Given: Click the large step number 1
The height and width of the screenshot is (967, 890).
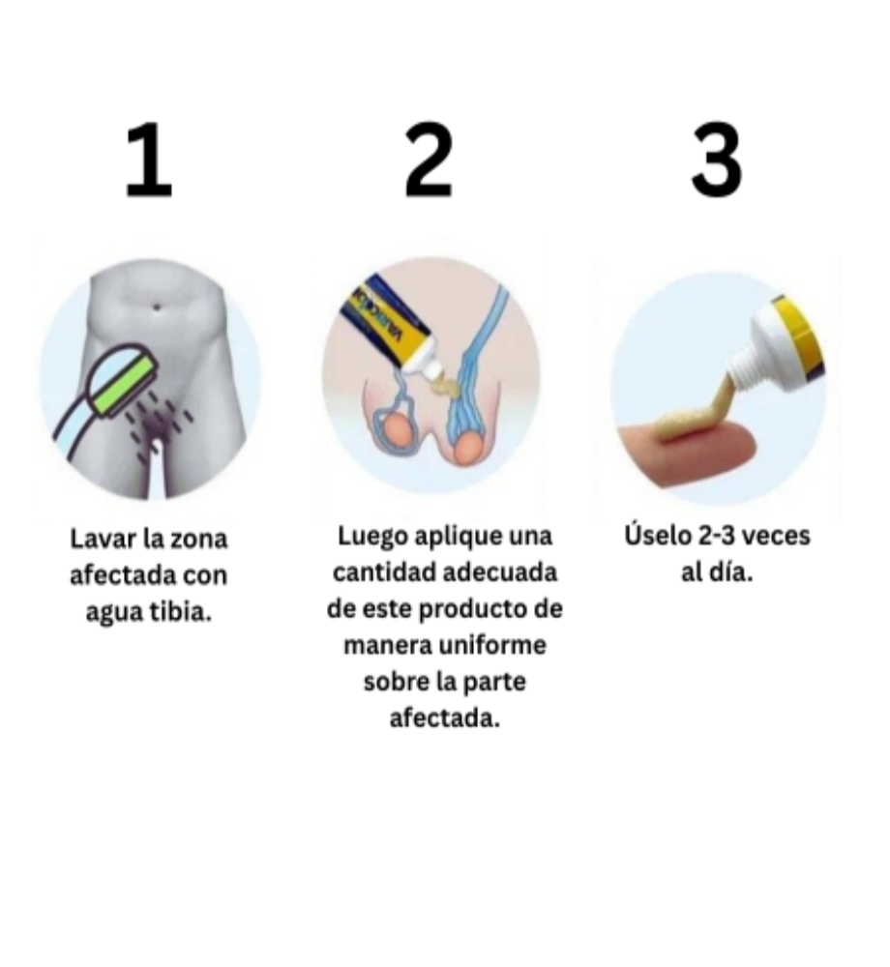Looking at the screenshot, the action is pyautogui.click(x=149, y=160).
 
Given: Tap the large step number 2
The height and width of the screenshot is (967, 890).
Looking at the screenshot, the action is pyautogui.click(x=430, y=160).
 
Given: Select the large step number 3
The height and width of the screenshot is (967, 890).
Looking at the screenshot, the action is pyautogui.click(x=716, y=160).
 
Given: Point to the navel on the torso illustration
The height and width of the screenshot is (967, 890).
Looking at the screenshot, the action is pyautogui.click(x=157, y=307).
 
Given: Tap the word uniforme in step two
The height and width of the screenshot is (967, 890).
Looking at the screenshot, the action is pyautogui.click(x=492, y=645).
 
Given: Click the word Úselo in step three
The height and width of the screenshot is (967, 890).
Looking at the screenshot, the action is pyautogui.click(x=658, y=535).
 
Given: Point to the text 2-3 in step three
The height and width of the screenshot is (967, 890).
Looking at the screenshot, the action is pyautogui.click(x=717, y=536).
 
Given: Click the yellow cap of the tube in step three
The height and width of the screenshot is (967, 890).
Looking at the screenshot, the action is pyautogui.click(x=799, y=340).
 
